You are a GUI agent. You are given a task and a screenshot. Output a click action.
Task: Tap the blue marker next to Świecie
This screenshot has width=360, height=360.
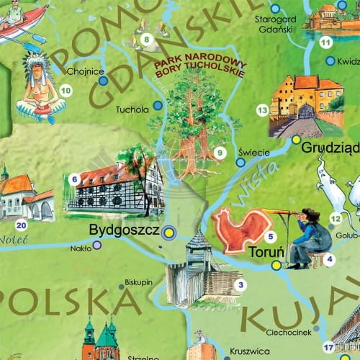(241, 163)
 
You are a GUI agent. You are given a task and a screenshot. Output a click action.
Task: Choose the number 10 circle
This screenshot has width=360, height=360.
(66, 91)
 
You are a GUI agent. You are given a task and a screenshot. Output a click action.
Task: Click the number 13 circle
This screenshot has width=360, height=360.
(263, 109)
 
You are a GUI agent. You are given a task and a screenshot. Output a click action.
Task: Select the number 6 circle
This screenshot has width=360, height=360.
(74, 178)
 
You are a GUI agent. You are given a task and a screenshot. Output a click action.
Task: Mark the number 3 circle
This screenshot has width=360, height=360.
(240, 285)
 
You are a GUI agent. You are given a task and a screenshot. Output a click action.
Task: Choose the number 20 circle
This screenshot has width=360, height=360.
(21, 226)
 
